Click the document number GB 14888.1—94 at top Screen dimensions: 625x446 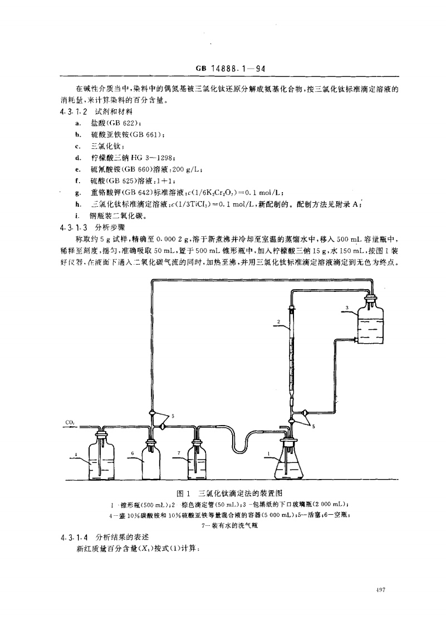[x=229, y=70]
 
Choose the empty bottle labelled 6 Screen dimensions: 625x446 [x=152, y=460]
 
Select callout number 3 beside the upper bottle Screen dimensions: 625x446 [x=346, y=307]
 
